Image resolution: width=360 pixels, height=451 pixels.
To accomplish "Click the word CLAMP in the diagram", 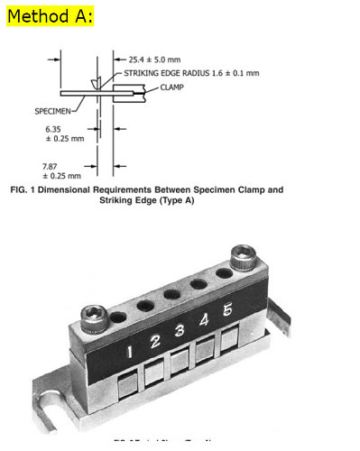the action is pos(173,87).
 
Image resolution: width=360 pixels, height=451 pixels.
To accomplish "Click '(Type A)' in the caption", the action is pos(176,201).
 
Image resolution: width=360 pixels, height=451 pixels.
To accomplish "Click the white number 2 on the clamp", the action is pos(155,341).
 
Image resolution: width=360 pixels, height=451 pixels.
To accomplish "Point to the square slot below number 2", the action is pos(154,371).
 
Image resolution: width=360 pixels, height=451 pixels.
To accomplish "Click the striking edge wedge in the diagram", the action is pos(96,85).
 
